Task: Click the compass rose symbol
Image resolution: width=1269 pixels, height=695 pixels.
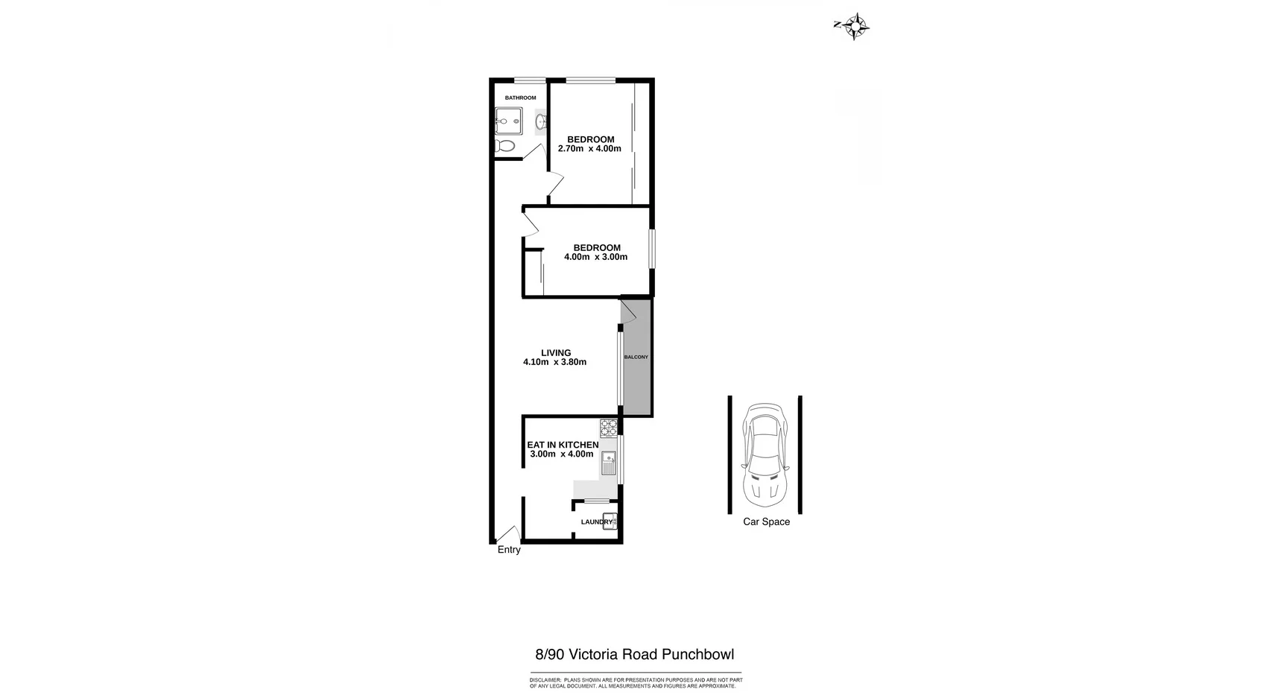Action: (x=858, y=26)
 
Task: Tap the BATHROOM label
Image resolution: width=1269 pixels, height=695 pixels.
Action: (x=520, y=98)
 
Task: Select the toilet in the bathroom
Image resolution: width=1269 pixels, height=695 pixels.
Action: (x=505, y=146)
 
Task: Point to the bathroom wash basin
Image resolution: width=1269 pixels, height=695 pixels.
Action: (x=541, y=121)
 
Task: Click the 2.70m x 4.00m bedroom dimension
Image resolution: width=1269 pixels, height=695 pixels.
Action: (x=589, y=149)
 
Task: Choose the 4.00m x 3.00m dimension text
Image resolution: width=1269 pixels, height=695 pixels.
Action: (x=595, y=258)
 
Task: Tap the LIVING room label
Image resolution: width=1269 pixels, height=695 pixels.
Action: (x=556, y=353)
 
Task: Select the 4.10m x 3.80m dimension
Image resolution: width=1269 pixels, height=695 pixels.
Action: (x=554, y=363)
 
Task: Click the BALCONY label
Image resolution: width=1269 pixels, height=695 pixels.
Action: (x=636, y=358)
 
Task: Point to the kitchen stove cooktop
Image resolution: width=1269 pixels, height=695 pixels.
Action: (x=609, y=428)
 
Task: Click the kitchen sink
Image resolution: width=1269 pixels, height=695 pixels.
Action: (x=609, y=463)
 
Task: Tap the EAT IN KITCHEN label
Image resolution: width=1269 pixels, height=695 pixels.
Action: (x=563, y=445)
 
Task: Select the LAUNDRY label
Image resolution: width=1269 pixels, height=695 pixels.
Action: (x=596, y=522)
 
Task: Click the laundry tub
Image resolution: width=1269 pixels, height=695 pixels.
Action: (x=610, y=521)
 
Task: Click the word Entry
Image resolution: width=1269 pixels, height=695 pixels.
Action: (x=509, y=550)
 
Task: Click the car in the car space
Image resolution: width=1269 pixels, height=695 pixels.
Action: (x=765, y=452)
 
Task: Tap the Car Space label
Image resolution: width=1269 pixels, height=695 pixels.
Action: (x=766, y=522)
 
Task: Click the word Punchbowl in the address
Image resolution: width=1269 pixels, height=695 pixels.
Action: (x=698, y=655)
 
